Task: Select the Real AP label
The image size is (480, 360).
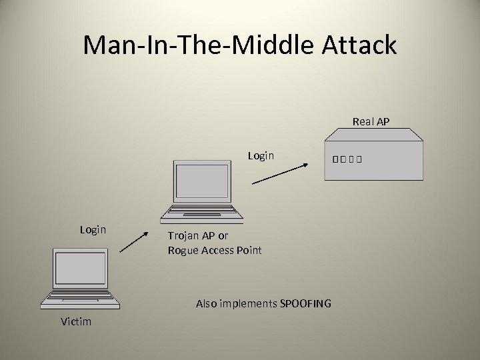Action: tap(371, 121)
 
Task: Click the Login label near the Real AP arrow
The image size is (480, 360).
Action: tap(261, 155)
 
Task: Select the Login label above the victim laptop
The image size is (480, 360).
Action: tap(93, 229)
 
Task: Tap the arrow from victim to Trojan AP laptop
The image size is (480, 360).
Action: tap(134, 241)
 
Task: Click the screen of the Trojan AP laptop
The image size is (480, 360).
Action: tap(201, 182)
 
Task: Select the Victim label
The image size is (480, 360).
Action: tap(76, 322)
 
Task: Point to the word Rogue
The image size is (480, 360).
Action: tap(183, 251)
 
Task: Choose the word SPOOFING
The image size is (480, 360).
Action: tap(305, 303)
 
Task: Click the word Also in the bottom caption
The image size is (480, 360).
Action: tap(207, 303)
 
